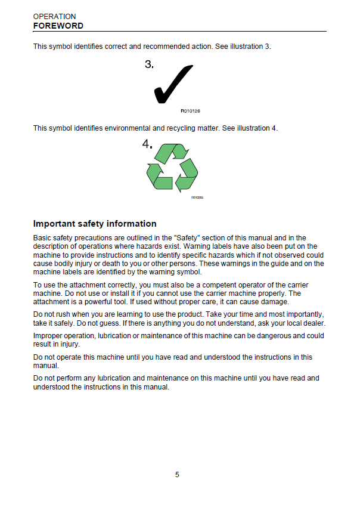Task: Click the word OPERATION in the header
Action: (x=54, y=17)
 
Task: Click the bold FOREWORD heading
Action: (x=58, y=26)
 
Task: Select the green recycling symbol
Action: (x=172, y=166)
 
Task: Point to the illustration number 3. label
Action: (x=150, y=65)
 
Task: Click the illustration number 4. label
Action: (x=147, y=144)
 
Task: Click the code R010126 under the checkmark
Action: (x=191, y=112)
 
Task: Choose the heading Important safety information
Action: (x=95, y=224)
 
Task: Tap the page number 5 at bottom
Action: (x=177, y=475)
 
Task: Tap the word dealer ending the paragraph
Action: (x=314, y=323)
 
